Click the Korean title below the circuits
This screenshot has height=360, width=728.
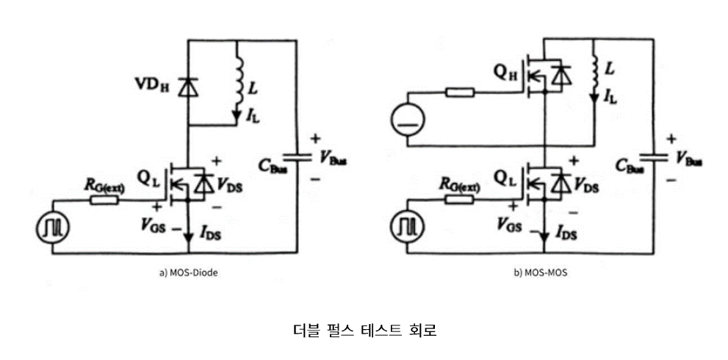(364, 330)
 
